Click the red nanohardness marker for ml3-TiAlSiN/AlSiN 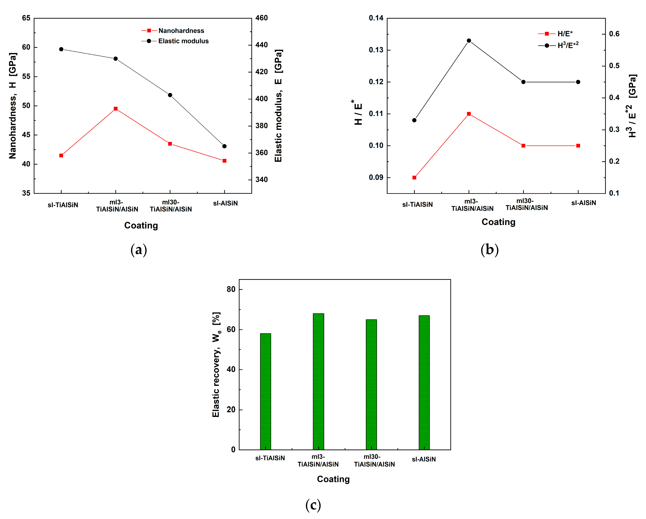(x=116, y=109)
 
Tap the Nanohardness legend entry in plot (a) (x=181, y=31)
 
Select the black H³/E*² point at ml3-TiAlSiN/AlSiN (x=469, y=41)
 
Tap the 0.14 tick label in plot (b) (x=376, y=18)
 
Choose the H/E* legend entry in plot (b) (x=565, y=34)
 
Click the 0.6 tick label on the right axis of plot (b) (x=614, y=34)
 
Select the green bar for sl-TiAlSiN (x=266, y=391)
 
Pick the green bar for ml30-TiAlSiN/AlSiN (x=371, y=384)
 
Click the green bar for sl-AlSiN (x=424, y=382)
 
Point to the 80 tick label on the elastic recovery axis (x=231, y=289)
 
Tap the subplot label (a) (x=139, y=250)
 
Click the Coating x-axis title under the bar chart (x=333, y=479)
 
